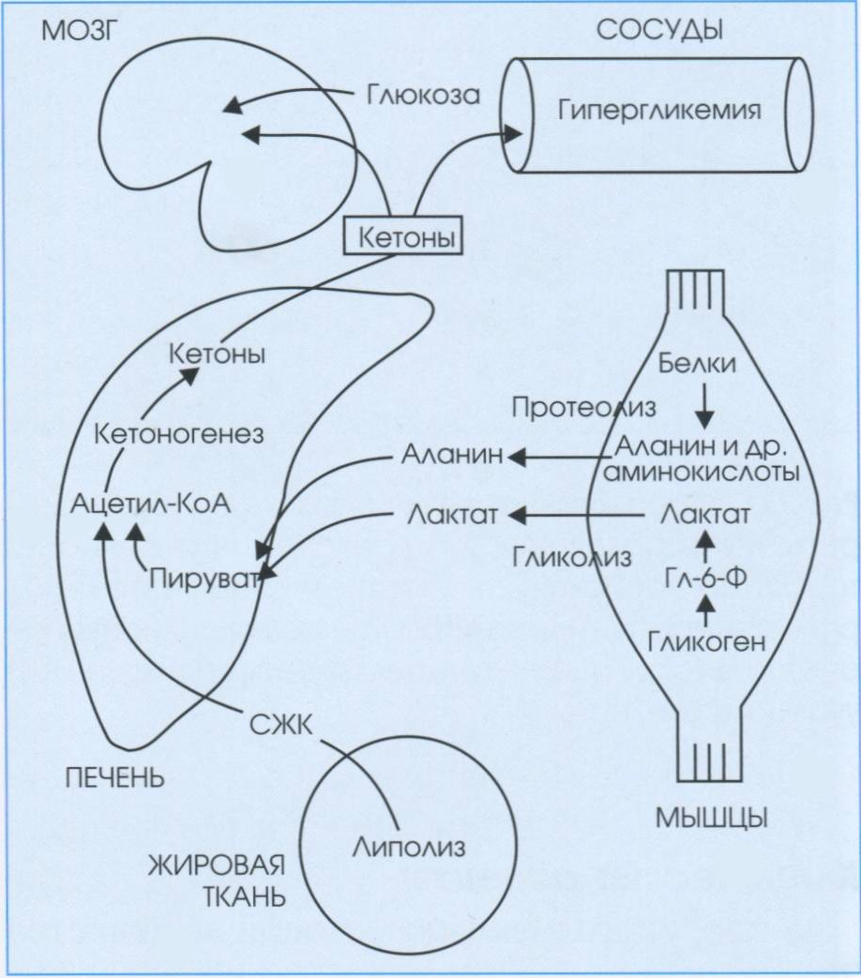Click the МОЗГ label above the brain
tap(71, 33)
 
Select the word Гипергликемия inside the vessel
tap(658, 111)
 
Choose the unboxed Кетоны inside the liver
tap(217, 355)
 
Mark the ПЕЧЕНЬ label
tap(114, 777)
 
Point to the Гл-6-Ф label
tap(704, 575)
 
